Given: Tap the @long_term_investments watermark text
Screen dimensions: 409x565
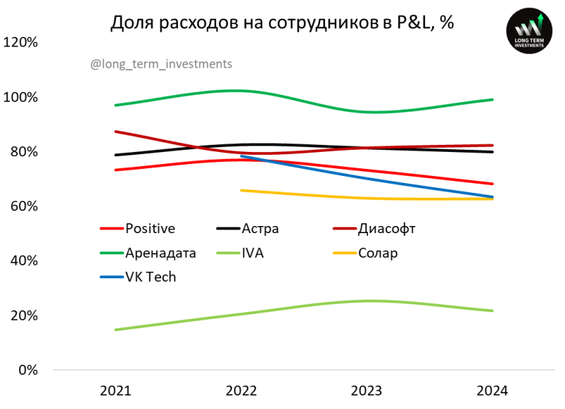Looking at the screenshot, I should [x=161, y=64].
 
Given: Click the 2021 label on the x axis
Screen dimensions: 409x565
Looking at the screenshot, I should [x=116, y=391].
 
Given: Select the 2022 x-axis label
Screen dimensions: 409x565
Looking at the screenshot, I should [x=242, y=391].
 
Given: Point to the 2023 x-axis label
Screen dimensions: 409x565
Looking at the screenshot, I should [x=367, y=391].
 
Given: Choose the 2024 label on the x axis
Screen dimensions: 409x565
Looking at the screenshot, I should [x=492, y=391].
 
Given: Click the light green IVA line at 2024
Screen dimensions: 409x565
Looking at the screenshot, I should [x=492, y=311].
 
